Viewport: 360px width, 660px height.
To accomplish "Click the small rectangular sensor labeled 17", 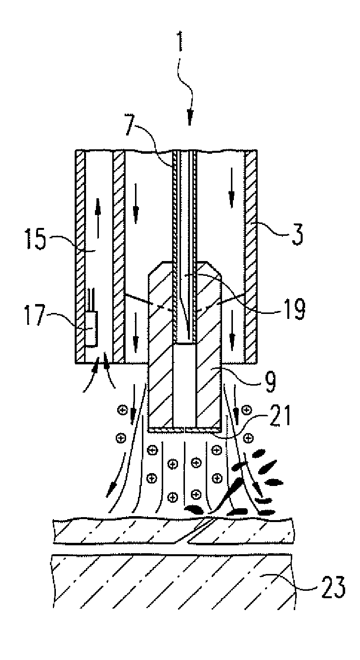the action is [x=91, y=328].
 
